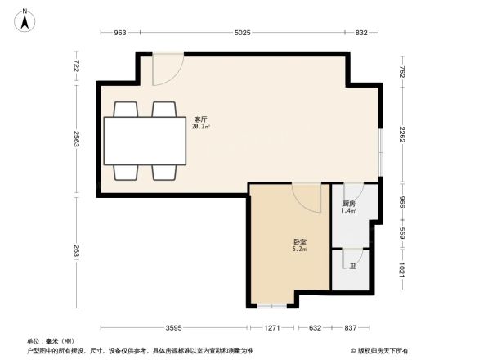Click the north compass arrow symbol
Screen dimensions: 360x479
[25, 19]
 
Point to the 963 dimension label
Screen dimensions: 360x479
[119, 33]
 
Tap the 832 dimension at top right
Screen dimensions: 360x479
[362, 33]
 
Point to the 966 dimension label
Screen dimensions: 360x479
[401, 204]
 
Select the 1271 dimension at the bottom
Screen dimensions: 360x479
[272, 329]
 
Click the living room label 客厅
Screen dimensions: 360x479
[200, 119]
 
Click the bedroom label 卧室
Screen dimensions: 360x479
[300, 241]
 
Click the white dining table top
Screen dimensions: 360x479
[145, 141]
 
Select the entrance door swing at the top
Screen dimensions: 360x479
[163, 69]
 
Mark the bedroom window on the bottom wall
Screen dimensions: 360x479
[272, 306]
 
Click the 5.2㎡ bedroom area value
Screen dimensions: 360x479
[300, 250]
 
